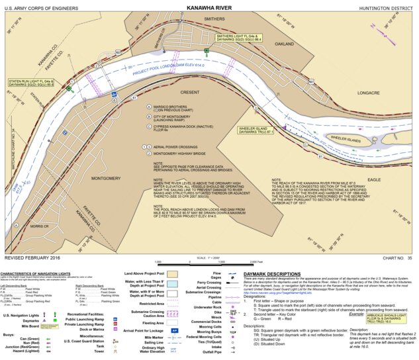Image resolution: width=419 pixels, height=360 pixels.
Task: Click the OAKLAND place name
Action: [x=283, y=44]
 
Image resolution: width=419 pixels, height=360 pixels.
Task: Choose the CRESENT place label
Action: [x=189, y=92]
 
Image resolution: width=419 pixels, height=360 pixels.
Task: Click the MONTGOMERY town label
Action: [x=105, y=179]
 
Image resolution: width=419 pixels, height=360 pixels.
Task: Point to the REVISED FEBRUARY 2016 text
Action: [x=32, y=257]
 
